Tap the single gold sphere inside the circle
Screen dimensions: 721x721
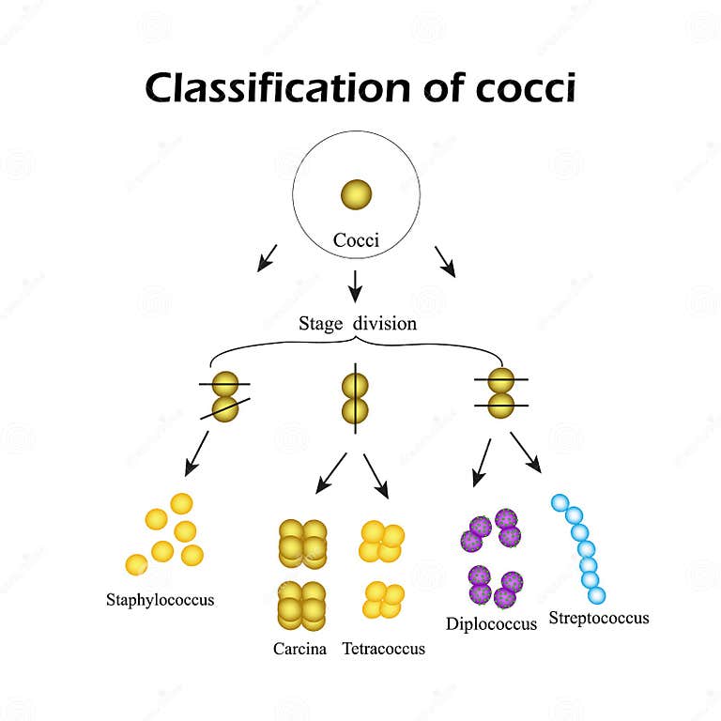pos(356,194)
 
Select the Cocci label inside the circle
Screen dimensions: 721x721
pos(356,240)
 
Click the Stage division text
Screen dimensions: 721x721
pos(358,324)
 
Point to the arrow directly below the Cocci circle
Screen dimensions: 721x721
pos(355,284)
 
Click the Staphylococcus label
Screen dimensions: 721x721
pos(160,599)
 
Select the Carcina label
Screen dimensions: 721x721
pos(299,648)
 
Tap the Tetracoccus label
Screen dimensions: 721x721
pos(383,648)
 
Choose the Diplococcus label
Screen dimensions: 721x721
pos(492,622)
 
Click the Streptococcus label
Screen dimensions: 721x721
pos(598,618)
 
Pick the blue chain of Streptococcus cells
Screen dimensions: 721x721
pos(580,548)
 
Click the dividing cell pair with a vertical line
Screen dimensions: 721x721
pos(355,398)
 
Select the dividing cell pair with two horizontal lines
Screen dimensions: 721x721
pos(502,392)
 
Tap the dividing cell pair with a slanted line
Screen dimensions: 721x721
pos(225,396)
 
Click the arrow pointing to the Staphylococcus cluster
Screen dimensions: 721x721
pos(197,453)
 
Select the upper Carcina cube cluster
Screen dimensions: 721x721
pos(301,544)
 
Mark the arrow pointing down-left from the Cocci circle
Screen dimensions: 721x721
pos(267,257)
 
